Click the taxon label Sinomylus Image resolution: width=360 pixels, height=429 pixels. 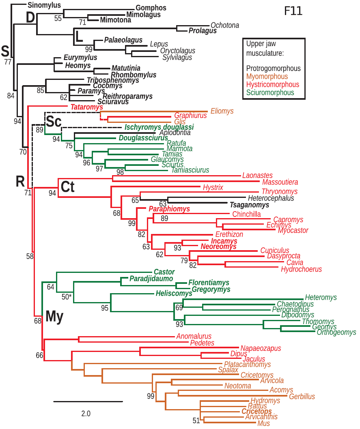click(45, 5)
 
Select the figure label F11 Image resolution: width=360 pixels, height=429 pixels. click(293, 11)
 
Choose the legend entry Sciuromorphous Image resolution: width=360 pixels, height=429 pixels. click(270, 92)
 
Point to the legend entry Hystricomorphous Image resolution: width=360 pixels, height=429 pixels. click(272, 84)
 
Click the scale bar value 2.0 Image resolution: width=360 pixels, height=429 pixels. click(86, 414)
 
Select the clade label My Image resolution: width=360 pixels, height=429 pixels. click(54, 317)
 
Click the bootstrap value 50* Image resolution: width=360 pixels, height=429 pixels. click(67, 297)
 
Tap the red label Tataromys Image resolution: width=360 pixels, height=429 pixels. click(86, 107)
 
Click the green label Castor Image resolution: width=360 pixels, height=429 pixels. click(164, 272)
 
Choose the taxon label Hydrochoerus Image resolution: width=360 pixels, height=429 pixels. click(301, 269)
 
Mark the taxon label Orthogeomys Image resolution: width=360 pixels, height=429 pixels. click(336, 332)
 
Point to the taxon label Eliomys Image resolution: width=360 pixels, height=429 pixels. click(222, 111)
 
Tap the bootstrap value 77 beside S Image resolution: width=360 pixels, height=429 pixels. click(8, 62)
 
